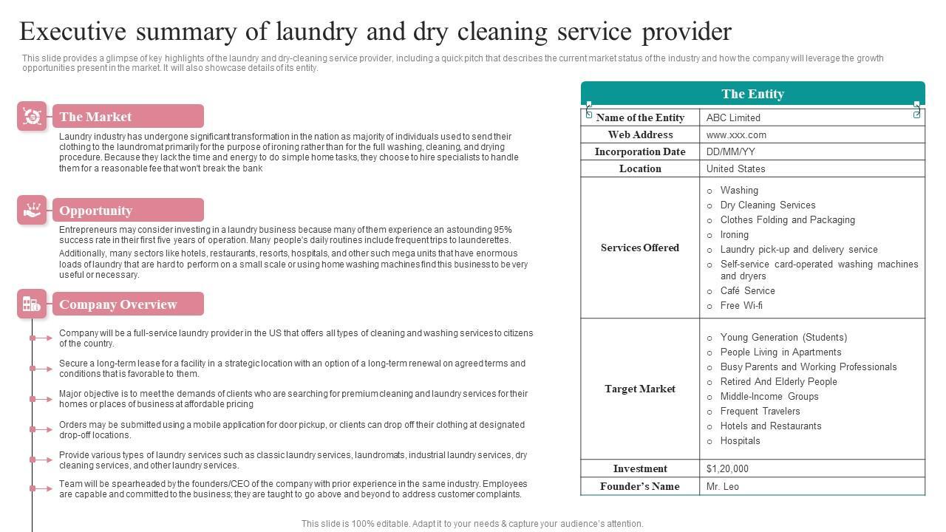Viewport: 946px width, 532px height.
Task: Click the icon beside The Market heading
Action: tap(32, 116)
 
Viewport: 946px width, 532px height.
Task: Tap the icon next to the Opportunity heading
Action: tap(32, 210)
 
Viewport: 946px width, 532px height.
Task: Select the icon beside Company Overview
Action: tap(32, 304)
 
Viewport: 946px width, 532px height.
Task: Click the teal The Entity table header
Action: tap(752, 94)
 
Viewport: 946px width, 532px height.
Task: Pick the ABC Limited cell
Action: tap(733, 117)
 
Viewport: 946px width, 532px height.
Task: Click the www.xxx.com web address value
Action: tap(736, 135)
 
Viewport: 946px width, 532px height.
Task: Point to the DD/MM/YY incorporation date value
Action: tap(730, 151)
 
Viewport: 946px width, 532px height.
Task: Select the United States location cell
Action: tap(735, 168)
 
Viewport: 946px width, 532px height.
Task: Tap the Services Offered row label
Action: tap(640, 248)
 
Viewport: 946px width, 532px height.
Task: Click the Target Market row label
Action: tap(640, 389)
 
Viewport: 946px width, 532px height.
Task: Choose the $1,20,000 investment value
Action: tap(727, 468)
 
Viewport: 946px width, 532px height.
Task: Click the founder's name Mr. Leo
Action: tap(723, 486)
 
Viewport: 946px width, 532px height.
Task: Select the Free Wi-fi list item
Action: tap(741, 305)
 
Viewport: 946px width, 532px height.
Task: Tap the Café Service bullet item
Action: tap(747, 290)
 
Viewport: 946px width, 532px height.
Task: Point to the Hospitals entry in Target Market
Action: tap(740, 440)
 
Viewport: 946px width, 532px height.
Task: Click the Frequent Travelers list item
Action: tap(760, 411)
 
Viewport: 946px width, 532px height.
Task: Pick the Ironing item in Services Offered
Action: tap(735, 234)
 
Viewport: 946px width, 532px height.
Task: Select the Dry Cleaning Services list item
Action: tap(768, 205)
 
